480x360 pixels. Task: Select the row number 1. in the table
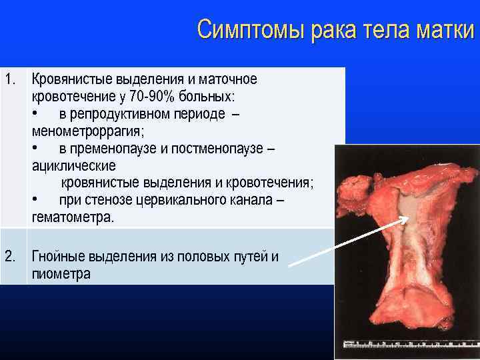[x=10, y=79]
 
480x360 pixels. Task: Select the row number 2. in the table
[x=10, y=256]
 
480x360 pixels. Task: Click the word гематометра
[x=73, y=218]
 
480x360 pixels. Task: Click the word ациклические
[x=73, y=166]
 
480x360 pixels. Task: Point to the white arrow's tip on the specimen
[x=404, y=220]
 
